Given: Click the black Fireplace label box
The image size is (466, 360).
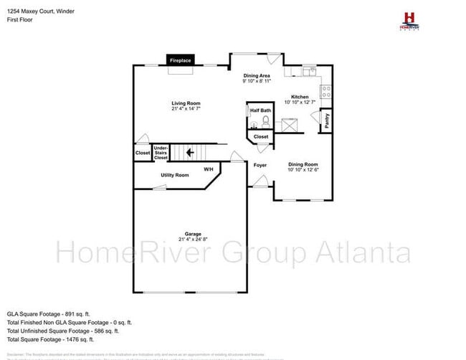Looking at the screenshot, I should point(179,61).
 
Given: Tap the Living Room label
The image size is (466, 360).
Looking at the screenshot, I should point(186,103).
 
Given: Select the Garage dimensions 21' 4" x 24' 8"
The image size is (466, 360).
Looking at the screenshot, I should point(193,239).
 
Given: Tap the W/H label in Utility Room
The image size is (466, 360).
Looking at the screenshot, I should point(209,169).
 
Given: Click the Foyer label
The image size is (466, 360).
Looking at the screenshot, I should point(260,165).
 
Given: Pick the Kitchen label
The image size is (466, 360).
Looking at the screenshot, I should point(300,97).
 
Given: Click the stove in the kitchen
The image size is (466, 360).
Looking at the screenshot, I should point(325,90).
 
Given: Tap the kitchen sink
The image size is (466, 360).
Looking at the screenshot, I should point(309,72).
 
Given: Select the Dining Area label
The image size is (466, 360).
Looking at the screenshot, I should point(257,75).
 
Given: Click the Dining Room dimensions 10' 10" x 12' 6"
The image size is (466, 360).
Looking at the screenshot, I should point(302,170).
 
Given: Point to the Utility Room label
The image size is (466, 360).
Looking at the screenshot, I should point(174,175).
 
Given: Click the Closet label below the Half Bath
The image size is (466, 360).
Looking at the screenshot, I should point(261,136).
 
